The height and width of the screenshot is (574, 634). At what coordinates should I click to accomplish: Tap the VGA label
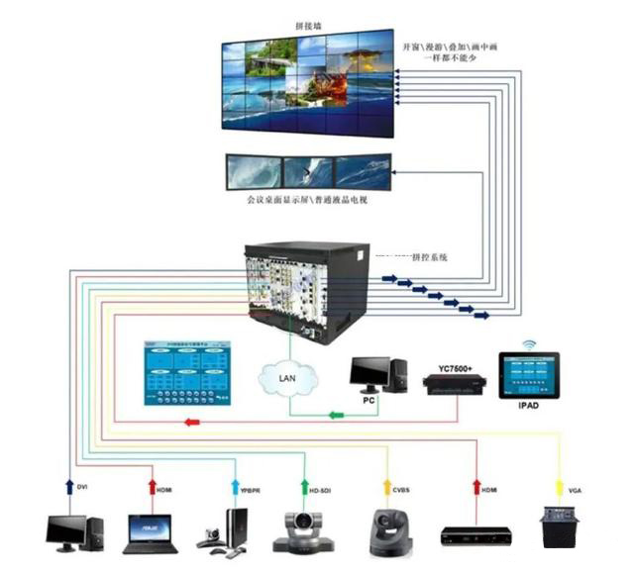(x=576, y=488)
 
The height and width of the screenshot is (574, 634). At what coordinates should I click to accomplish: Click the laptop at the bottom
(x=146, y=533)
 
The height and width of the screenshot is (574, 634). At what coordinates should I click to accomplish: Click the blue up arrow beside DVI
(x=69, y=487)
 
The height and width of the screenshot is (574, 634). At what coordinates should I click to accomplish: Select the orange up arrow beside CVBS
(x=388, y=487)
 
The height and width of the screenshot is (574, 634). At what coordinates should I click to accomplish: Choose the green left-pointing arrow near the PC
(x=337, y=415)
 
